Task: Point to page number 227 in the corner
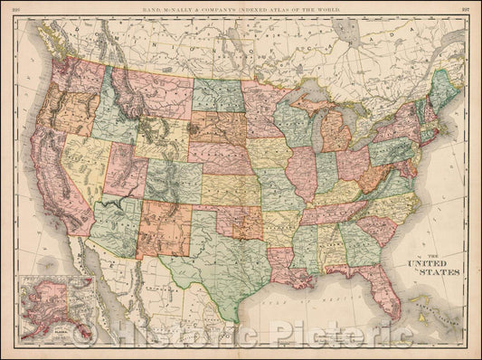click(x=467, y=8)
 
